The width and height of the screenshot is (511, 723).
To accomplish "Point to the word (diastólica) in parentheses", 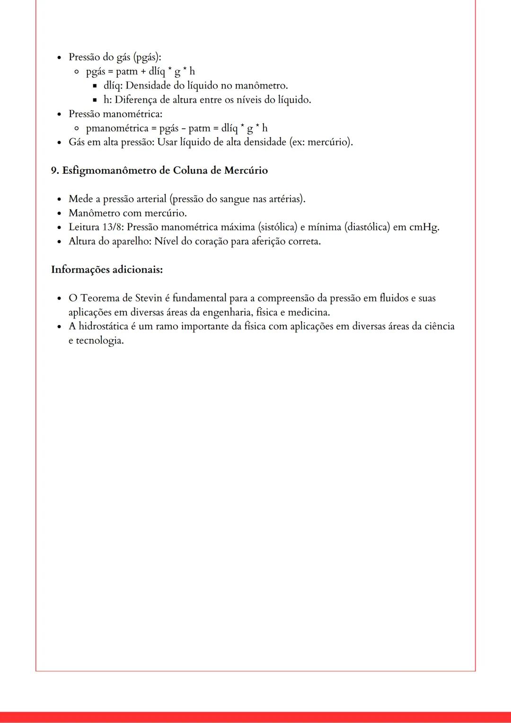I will (x=367, y=227).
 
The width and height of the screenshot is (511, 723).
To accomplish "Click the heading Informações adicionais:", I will (x=107, y=270).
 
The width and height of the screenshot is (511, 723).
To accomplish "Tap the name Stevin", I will (x=149, y=298).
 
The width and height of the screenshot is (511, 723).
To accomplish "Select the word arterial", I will (x=151, y=199).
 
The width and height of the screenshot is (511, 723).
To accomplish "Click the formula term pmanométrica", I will (x=117, y=128).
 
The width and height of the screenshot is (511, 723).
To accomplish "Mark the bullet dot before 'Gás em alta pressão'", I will (x=59, y=142).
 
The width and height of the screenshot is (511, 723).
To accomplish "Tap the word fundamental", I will (x=199, y=298).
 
